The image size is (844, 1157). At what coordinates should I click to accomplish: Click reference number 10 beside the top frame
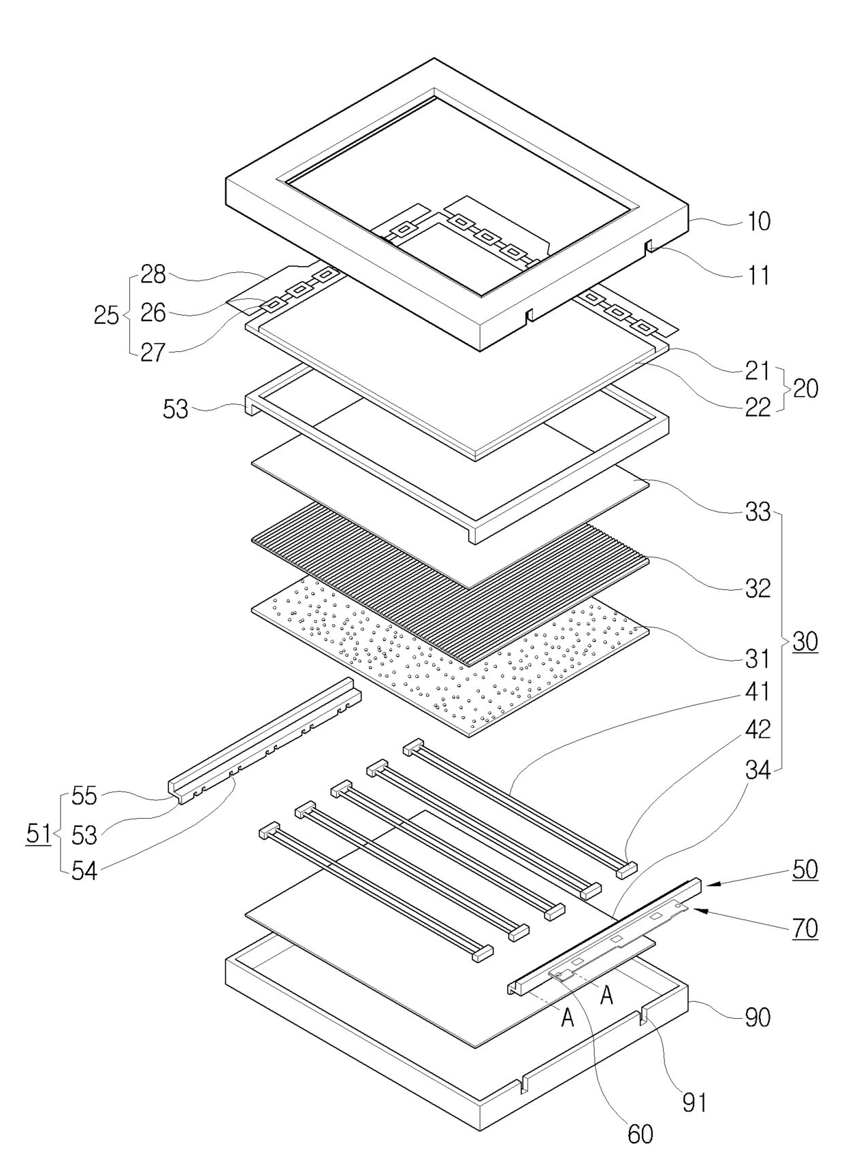758,222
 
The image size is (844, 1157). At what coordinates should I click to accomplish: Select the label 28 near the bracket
153,274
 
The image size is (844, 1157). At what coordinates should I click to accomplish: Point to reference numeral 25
106,315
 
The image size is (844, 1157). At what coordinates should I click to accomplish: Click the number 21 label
758,371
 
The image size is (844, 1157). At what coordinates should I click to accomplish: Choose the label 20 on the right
805,389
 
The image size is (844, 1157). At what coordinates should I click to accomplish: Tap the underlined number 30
805,641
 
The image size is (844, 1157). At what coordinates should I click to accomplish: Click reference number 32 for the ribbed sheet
758,588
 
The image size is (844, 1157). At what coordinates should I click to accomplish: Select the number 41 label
758,691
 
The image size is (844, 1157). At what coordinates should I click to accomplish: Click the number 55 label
84,796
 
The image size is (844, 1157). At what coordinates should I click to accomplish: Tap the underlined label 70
805,928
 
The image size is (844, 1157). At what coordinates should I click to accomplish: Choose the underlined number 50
805,869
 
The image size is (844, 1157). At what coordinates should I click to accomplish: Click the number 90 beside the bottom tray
758,1017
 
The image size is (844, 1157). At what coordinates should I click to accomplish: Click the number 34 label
758,770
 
